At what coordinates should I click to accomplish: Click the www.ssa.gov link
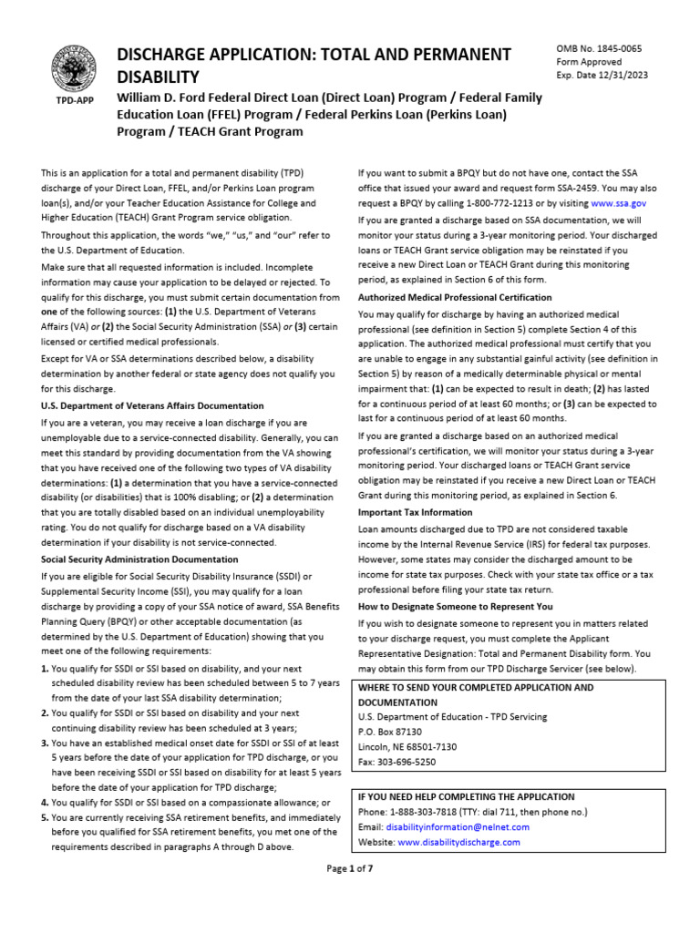(619, 204)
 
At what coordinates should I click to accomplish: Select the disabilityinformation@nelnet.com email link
(457, 827)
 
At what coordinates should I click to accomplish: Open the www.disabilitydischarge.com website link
(458, 843)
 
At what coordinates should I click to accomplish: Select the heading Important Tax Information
(415, 513)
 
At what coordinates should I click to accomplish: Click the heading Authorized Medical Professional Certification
(455, 298)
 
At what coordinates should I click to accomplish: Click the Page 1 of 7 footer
(350, 868)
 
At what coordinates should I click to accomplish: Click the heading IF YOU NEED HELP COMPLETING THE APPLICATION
(467, 796)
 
